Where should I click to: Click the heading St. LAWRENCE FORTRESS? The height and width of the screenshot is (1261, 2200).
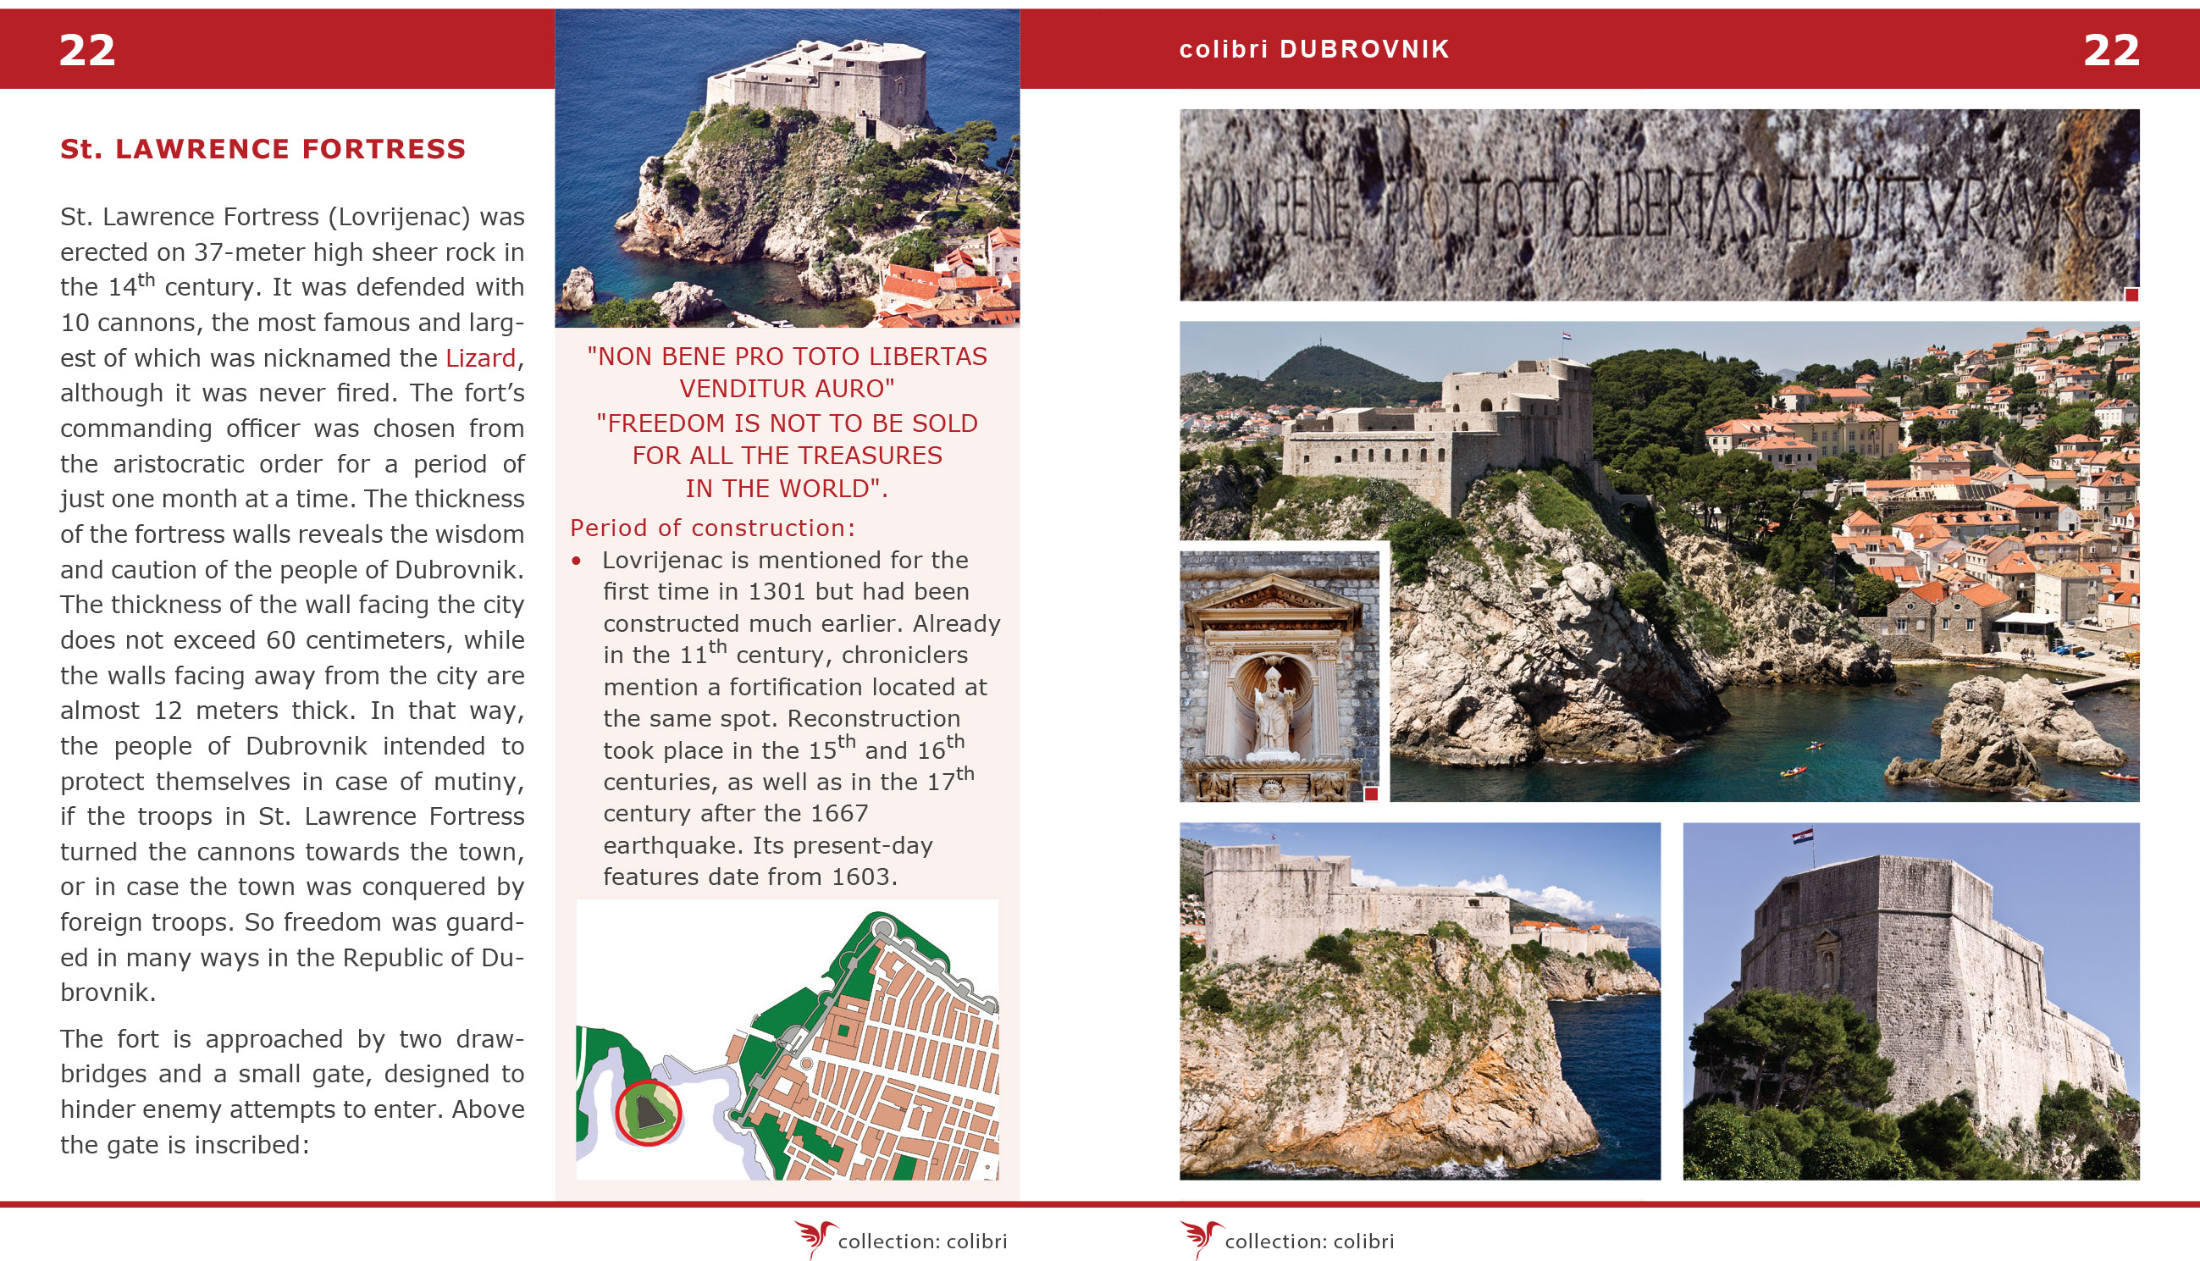(263, 149)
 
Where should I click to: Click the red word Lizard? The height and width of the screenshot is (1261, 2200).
(480, 357)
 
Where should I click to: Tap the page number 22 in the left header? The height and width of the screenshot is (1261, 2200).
(86, 50)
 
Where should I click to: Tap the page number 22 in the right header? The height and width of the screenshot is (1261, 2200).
(2111, 50)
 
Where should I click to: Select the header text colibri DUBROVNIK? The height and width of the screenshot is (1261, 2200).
(1314, 49)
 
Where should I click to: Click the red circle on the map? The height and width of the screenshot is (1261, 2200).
(648, 1113)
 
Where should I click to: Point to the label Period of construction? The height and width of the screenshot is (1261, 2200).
(712, 528)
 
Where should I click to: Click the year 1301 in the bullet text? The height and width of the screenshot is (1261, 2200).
(777, 591)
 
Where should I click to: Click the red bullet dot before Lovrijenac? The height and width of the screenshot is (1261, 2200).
(577, 561)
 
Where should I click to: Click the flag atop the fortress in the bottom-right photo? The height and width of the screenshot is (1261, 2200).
(1803, 836)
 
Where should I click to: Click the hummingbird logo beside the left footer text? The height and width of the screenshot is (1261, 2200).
(814, 1238)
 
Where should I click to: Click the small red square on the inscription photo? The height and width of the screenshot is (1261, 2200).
(2131, 296)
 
